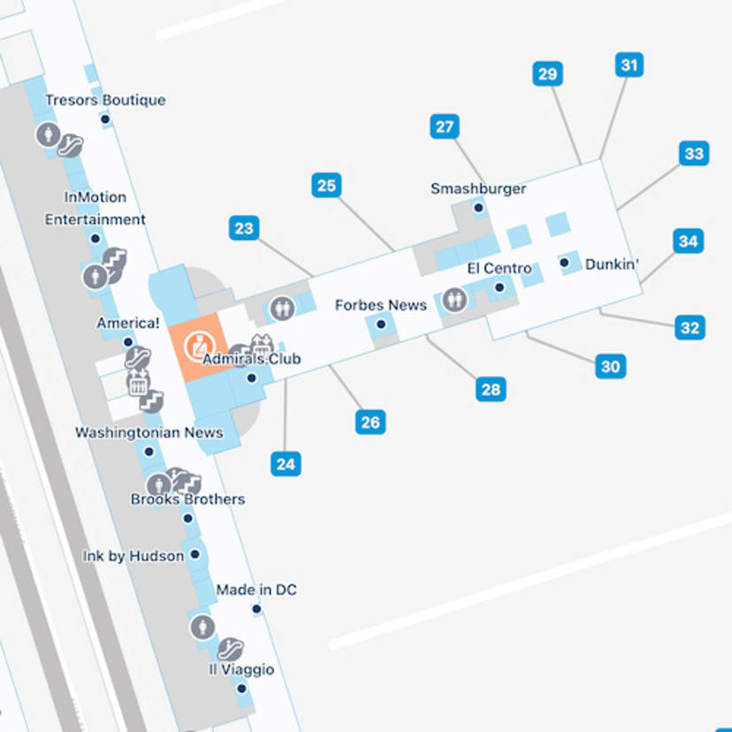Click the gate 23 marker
coord(244,228)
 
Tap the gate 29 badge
coord(548,73)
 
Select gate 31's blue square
coord(629,65)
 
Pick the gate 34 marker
coord(688,240)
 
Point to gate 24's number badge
coord(286,463)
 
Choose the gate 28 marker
coord(491,389)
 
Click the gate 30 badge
coord(610,365)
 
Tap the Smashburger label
coord(478,188)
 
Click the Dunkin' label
coord(612,263)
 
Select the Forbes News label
coord(380,305)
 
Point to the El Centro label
coord(499,268)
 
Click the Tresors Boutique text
coord(105,100)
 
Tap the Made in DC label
coord(256,590)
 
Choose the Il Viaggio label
coord(241,669)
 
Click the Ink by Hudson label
coord(133,556)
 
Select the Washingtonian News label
coord(149,432)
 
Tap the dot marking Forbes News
coord(381,324)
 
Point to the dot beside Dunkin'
coord(564,263)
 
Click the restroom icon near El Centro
coord(454,300)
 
